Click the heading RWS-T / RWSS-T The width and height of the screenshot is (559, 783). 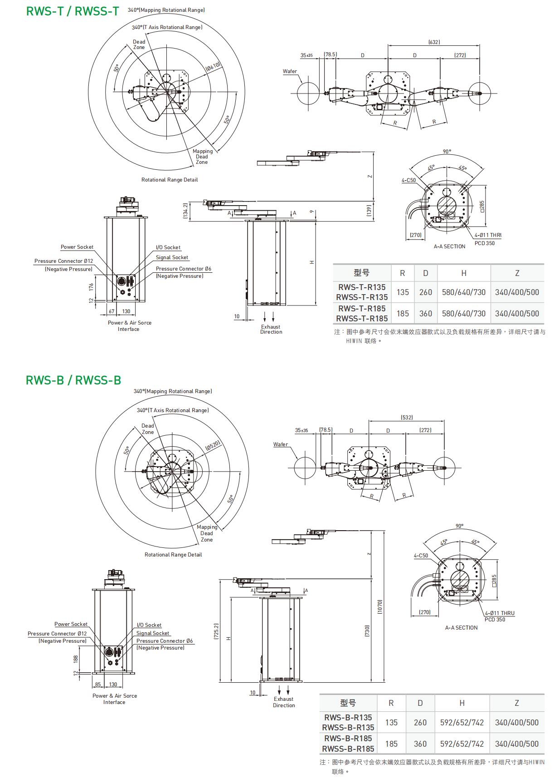click(x=73, y=11)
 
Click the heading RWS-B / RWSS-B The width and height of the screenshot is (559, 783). click(x=73, y=380)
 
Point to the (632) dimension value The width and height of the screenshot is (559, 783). click(x=434, y=42)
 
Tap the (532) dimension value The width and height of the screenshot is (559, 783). click(x=407, y=417)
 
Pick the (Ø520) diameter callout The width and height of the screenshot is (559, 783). click(x=213, y=445)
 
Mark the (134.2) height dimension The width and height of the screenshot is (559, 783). click(x=185, y=211)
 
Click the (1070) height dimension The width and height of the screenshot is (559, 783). click(x=380, y=606)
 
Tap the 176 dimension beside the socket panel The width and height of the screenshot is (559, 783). click(x=91, y=286)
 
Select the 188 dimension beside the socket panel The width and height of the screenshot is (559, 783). click(x=76, y=658)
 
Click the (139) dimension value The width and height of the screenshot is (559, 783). click(x=369, y=210)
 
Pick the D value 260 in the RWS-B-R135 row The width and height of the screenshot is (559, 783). click(x=420, y=722)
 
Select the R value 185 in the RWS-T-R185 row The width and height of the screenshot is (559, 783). click(x=403, y=313)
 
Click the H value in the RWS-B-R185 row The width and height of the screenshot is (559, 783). click(x=462, y=744)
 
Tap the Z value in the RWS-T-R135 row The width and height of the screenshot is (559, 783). click(x=517, y=292)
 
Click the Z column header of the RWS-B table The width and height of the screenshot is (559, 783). click(x=516, y=703)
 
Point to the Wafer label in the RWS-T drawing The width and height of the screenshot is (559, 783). click(x=290, y=71)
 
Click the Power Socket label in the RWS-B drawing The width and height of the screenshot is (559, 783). click(x=71, y=624)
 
